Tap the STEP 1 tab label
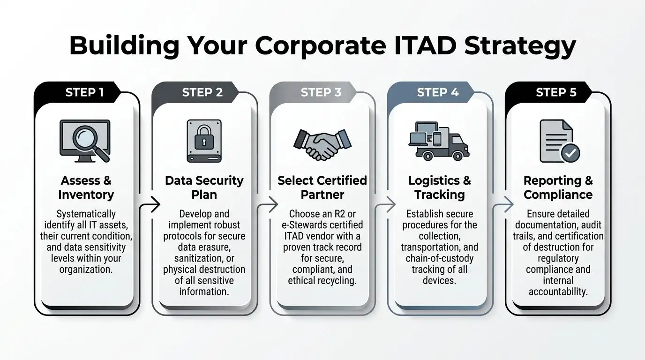tap(84, 92)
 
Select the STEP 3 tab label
tap(321, 92)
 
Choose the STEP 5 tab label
tap(556, 92)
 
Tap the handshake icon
tap(322, 143)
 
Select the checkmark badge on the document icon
tap(570, 152)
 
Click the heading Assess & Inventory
tap(86, 187)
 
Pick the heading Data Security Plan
tap(204, 187)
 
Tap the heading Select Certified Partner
tap(322, 187)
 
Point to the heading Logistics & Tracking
tap(439, 187)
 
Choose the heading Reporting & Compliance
tap(558, 187)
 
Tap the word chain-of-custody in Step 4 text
tap(440, 258)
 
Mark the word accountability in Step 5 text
tap(558, 292)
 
